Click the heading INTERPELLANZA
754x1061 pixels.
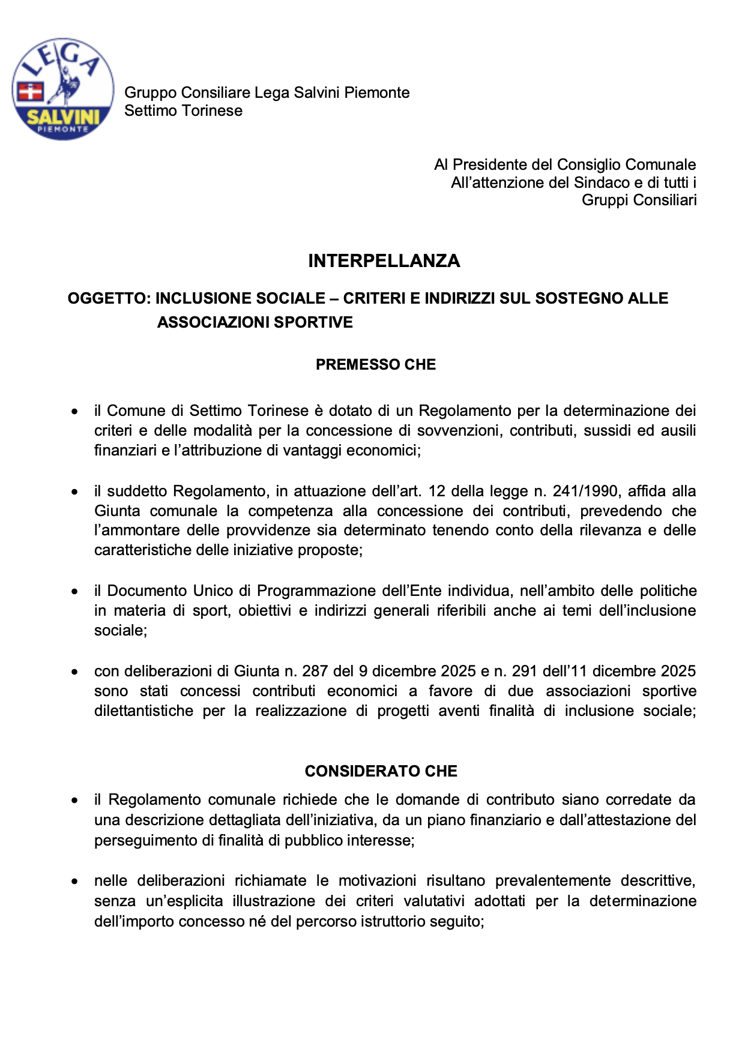point(384,260)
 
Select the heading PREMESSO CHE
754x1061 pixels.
point(376,364)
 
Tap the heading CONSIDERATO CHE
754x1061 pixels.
point(381,771)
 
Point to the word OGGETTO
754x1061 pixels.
point(107,298)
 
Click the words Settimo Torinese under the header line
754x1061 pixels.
point(183,110)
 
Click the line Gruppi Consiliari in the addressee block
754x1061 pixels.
point(639,200)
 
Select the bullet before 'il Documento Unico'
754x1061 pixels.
point(74,592)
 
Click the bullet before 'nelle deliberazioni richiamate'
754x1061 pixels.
point(74,882)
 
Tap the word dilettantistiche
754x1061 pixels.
point(143,711)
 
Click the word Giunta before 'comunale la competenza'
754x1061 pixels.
point(117,511)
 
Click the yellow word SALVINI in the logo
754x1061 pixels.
point(63,116)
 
